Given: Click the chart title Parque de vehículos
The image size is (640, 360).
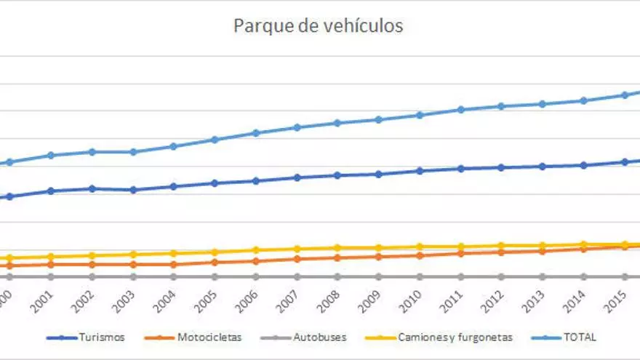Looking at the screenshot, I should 318,26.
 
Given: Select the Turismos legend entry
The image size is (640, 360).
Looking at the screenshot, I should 102,337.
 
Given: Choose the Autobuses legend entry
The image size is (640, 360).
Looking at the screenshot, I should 320,337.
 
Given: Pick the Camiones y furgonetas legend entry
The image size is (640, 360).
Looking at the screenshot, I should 455,337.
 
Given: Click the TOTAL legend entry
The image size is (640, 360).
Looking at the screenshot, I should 580,337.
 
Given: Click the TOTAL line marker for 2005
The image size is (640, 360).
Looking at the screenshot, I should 215,140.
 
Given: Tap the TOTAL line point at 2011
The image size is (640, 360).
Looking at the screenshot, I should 460,110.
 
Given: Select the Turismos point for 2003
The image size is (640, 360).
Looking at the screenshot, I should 132,190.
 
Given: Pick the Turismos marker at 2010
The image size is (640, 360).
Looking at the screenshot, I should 420,171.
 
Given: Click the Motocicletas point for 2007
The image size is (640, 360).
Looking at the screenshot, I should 297,259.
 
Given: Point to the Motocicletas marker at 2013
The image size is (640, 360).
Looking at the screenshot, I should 543,251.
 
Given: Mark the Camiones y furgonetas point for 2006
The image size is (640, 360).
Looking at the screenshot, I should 255,250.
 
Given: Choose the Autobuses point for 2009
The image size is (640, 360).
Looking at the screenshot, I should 378,276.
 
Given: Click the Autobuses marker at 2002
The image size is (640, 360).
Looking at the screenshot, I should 92,276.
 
